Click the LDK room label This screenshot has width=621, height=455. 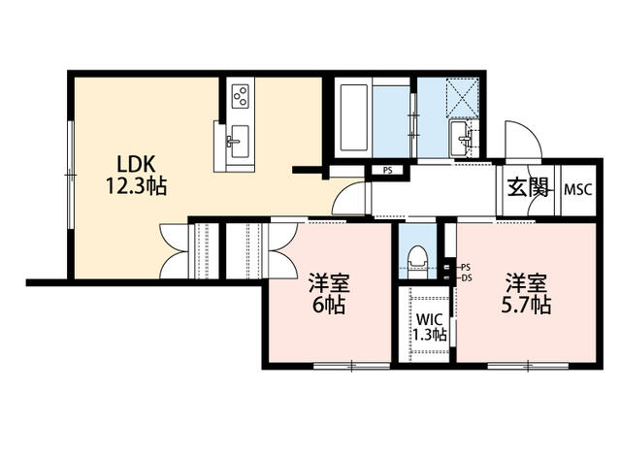(137, 163)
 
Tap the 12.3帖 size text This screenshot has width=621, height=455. (137, 185)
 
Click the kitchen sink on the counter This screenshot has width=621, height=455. (236, 141)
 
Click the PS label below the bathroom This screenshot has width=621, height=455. (386, 172)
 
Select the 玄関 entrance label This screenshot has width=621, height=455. (526, 187)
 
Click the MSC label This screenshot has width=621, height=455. (578, 188)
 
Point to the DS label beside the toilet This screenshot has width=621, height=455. (465, 276)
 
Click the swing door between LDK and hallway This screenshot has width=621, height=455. (349, 201)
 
